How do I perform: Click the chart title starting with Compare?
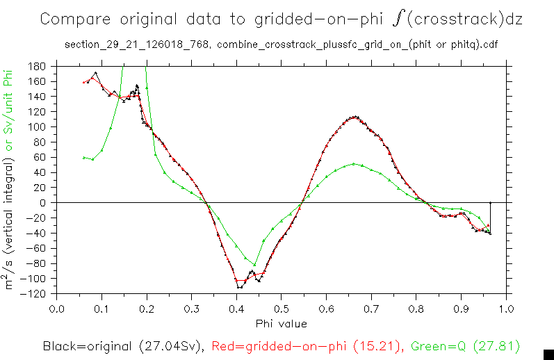[281, 19]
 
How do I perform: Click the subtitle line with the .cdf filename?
[281, 45]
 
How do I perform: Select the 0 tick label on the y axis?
[42, 203]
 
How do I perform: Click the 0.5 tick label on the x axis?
[281, 308]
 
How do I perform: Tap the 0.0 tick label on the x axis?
[57, 308]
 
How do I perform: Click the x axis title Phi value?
[281, 322]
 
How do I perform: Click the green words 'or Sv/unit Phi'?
[10, 104]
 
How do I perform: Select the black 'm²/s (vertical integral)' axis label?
[10, 222]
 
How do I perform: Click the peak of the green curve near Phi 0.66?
[354, 164]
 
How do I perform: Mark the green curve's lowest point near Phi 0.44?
[254, 265]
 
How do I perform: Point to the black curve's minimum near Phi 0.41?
[239, 286]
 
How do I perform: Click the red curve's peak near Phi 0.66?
[355, 117]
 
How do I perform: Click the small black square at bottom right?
[548, 353]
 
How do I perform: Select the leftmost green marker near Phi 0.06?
[84, 158]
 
